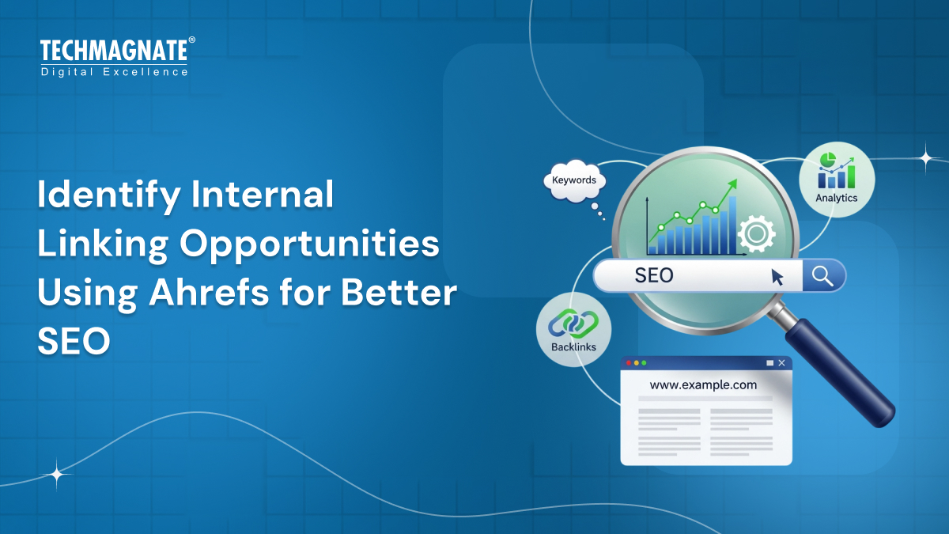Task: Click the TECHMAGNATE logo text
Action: click(113, 52)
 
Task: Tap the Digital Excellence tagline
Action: click(114, 72)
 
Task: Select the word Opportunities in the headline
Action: click(309, 244)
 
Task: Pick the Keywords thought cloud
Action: click(574, 180)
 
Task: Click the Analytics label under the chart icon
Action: click(836, 198)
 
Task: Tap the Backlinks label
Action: click(573, 347)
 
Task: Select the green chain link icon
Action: click(573, 322)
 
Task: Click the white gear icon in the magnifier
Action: click(755, 233)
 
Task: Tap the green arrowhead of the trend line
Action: click(732, 184)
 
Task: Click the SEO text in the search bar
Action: click(654, 275)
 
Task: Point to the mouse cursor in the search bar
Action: click(777, 277)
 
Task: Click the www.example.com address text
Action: click(703, 385)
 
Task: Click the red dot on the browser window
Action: click(629, 363)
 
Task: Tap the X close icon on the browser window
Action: click(781, 363)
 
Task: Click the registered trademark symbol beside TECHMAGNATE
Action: click(191, 40)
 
